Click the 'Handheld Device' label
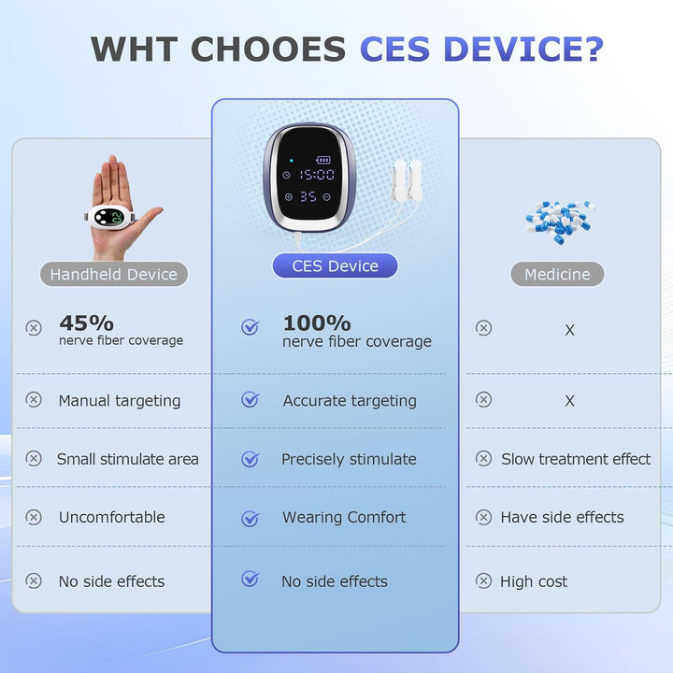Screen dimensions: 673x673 pos(114,274)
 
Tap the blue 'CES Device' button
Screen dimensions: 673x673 pos(335,265)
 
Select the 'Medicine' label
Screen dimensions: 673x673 pos(557,274)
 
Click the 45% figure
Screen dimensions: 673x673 pos(86,322)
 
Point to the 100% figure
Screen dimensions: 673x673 pos(317,322)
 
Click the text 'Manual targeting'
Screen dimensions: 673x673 pos(120,400)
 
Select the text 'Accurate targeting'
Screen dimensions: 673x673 pos(350,400)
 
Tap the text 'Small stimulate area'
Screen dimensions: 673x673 pos(128,459)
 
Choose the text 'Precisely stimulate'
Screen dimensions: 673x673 pos(349,459)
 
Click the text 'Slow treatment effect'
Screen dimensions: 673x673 pos(576,459)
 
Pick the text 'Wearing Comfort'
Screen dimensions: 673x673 pos(344,517)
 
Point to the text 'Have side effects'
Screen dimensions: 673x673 pos(562,517)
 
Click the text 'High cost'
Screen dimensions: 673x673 pos(534,581)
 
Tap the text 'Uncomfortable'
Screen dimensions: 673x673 pos(111,517)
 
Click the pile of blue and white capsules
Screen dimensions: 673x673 pos(559,221)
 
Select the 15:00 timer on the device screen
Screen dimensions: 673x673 pos(317,174)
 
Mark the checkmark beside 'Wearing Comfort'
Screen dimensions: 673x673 pos(250,518)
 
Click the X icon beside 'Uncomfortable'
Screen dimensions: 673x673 pos(34,517)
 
